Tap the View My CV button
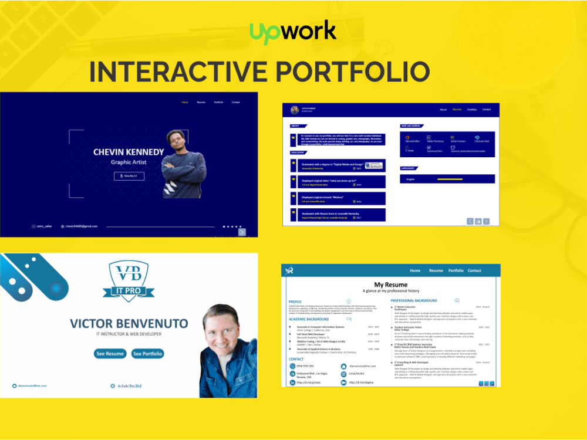[129, 175]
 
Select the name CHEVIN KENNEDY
[129, 152]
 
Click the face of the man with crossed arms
[177, 141]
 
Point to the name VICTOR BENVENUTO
[129, 323]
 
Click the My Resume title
[390, 285]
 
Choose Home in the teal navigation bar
[415, 270]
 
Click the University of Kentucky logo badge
[374, 166]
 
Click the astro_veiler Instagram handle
[44, 226]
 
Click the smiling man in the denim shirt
[228, 352]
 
